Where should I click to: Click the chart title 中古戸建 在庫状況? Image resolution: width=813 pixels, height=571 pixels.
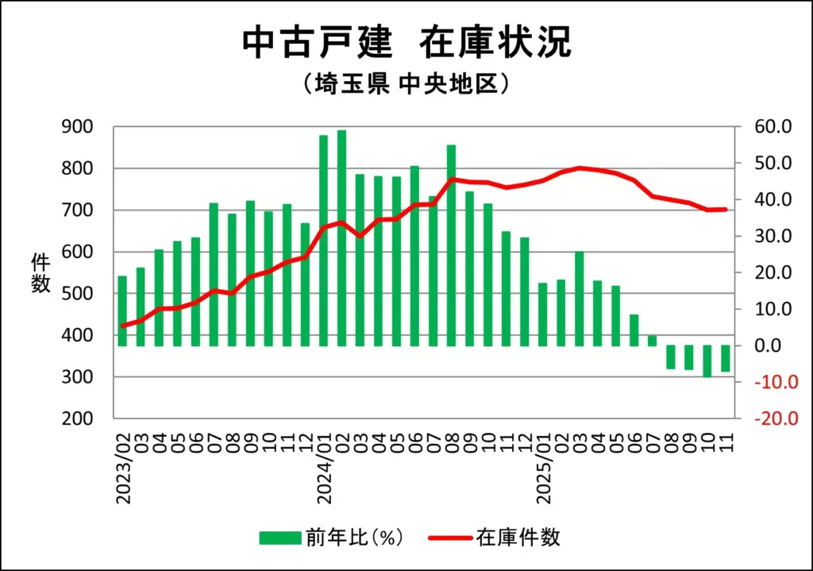coord(406,43)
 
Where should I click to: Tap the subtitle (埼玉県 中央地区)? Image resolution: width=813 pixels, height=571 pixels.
coord(406,84)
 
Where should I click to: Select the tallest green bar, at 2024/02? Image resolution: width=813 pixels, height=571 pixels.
coord(341,237)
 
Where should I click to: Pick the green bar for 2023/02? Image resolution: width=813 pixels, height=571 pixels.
coord(122,311)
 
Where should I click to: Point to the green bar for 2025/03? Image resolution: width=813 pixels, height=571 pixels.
coord(580,299)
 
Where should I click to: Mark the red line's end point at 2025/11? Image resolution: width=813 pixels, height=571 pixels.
coord(726,210)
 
